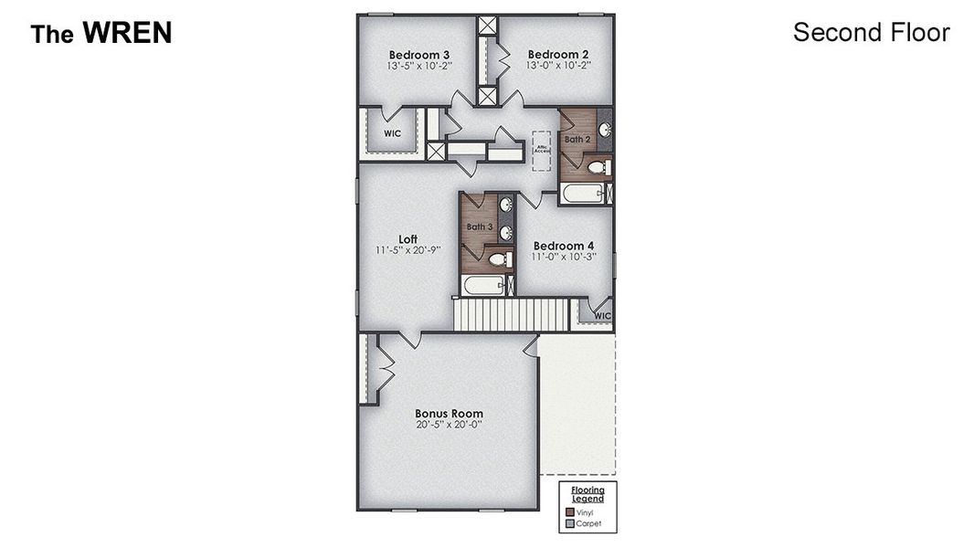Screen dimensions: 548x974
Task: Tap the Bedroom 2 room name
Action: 558,54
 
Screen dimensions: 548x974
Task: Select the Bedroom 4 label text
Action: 564,246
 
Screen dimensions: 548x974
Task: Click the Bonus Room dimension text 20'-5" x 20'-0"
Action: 449,425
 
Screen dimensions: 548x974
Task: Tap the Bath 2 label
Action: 577,140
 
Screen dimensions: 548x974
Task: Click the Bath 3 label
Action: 480,227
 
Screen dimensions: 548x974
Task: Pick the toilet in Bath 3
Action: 499,260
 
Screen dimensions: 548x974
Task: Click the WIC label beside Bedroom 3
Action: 392,133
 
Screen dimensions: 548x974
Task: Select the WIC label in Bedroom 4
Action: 602,316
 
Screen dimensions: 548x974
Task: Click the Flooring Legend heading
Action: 588,493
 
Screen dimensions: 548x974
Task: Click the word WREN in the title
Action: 127,34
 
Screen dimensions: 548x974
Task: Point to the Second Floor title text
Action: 871,33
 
